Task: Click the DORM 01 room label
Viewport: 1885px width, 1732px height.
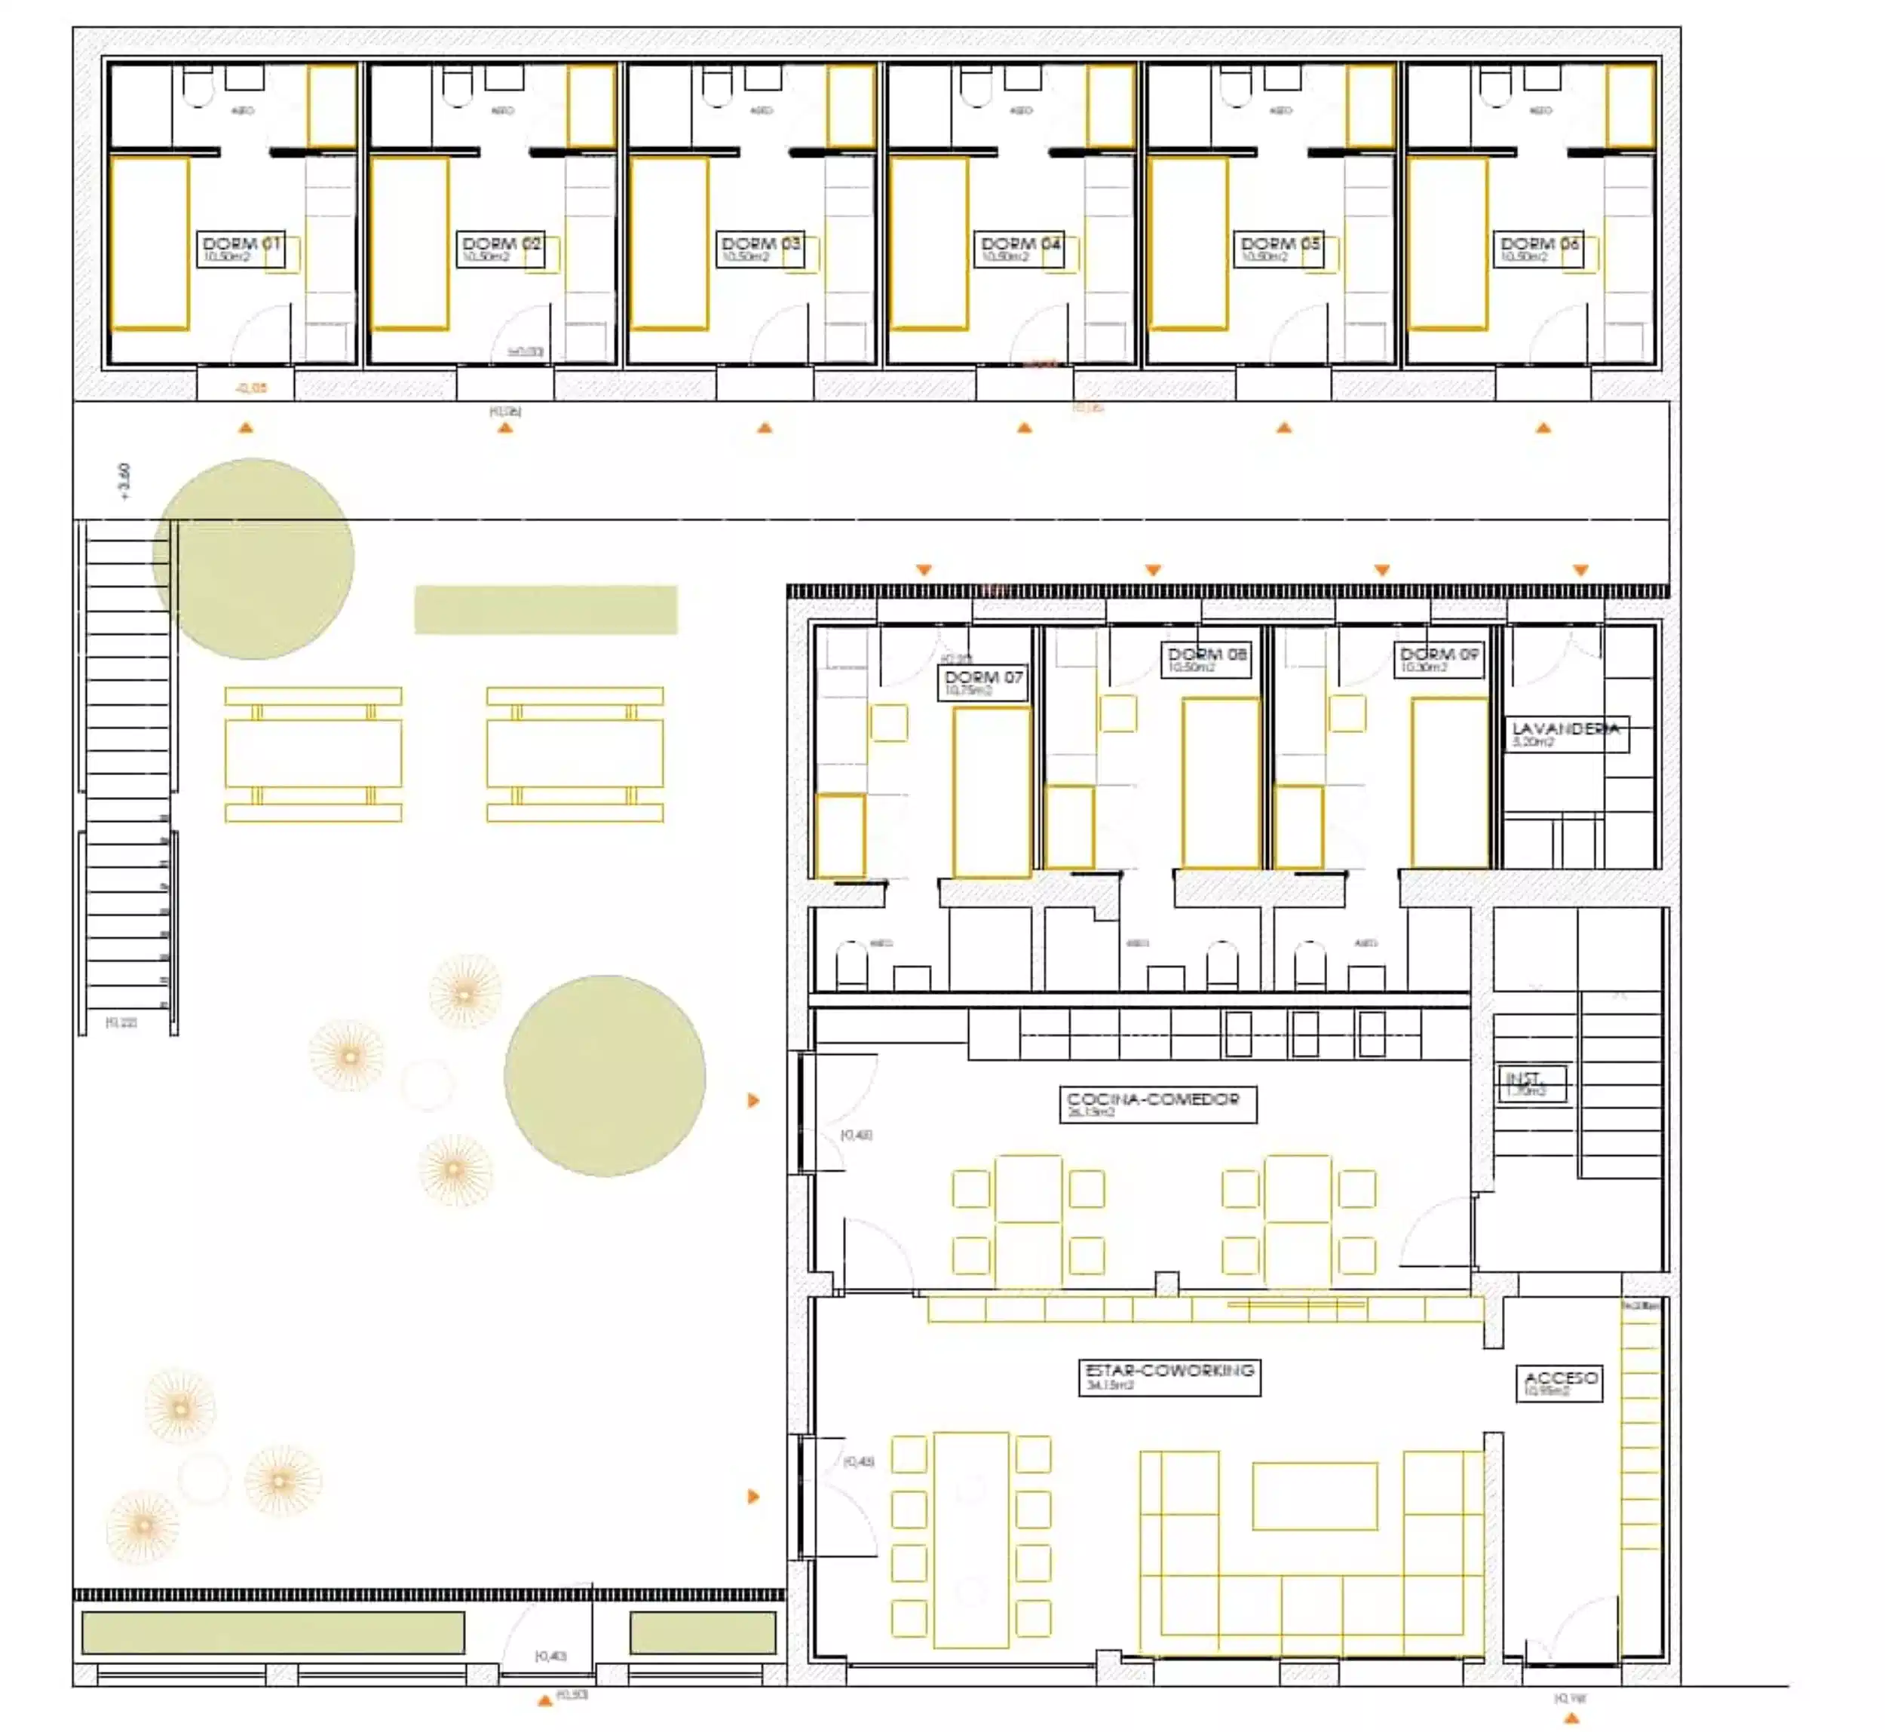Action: click(240, 248)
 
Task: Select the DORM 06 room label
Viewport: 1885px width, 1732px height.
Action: click(1538, 248)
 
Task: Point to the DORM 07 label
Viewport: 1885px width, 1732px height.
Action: click(982, 682)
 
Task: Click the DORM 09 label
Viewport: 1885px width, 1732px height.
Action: click(1438, 659)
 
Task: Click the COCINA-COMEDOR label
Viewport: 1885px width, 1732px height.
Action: click(1157, 1103)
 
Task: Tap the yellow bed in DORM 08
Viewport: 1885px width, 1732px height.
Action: click(1221, 783)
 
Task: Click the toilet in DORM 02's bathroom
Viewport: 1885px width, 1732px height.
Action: click(458, 87)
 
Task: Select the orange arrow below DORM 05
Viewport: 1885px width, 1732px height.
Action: click(1284, 428)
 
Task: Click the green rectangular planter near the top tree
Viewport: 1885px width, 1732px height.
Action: click(546, 609)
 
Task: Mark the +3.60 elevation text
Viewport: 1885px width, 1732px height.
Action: click(124, 482)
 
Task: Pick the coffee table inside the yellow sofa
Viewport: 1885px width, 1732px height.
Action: click(1314, 1496)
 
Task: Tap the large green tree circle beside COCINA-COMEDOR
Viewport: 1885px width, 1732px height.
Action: click(605, 1075)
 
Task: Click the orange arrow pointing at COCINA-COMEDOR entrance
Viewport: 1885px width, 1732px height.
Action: click(752, 1100)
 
